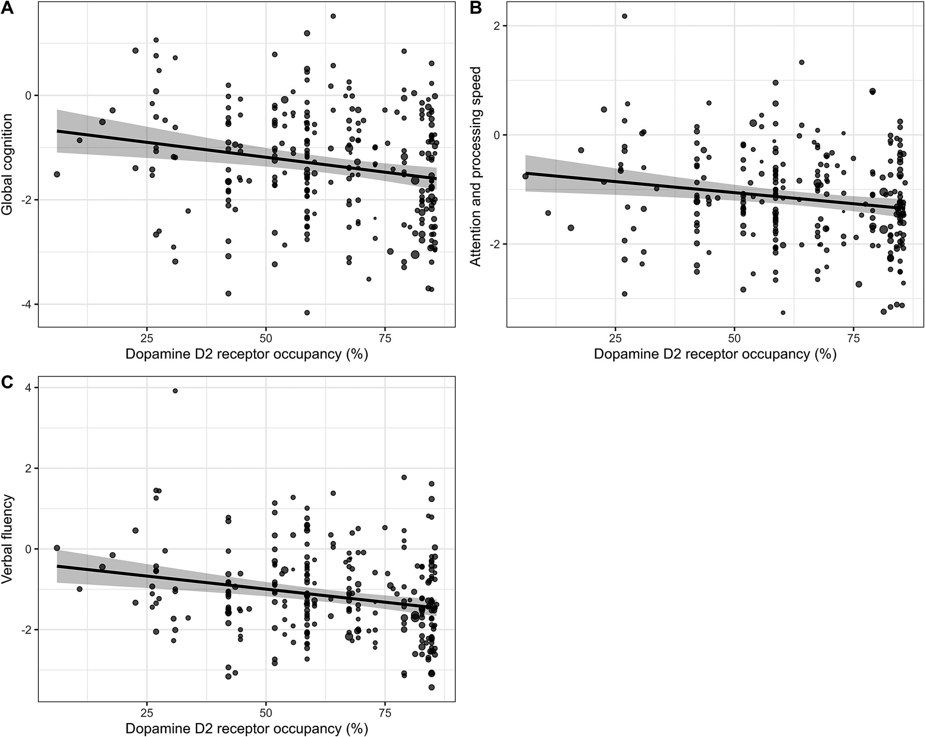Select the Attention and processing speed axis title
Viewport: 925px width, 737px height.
[476, 167]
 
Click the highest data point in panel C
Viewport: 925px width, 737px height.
[175, 391]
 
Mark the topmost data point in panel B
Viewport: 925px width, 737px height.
[624, 16]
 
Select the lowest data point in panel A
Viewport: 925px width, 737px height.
[307, 313]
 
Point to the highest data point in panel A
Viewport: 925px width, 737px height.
[333, 16]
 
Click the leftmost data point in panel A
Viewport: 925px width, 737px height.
[57, 174]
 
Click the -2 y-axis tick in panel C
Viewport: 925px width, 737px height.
[28, 630]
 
